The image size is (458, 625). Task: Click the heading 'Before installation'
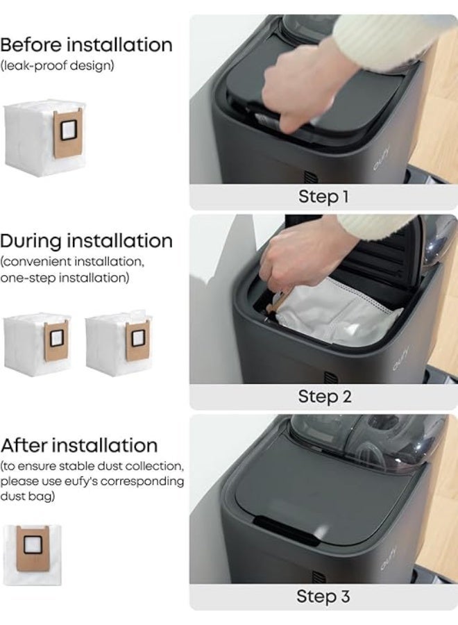click(x=86, y=44)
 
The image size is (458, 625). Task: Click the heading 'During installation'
click(x=86, y=241)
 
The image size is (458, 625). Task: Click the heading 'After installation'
click(x=79, y=445)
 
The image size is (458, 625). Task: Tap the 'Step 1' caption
click(x=323, y=197)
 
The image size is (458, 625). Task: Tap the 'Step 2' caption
click(x=325, y=397)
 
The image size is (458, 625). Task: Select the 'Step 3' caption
click(x=323, y=597)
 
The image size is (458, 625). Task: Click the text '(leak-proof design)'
click(x=57, y=65)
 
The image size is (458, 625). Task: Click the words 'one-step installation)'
click(x=65, y=278)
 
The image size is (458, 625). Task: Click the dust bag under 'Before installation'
click(x=44, y=138)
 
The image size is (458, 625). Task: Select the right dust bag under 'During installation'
click(x=119, y=342)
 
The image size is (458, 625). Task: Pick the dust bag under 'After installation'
click(x=33, y=556)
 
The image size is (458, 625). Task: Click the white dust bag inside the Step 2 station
click(x=339, y=311)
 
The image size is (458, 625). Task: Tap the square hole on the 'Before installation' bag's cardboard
click(x=68, y=128)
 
